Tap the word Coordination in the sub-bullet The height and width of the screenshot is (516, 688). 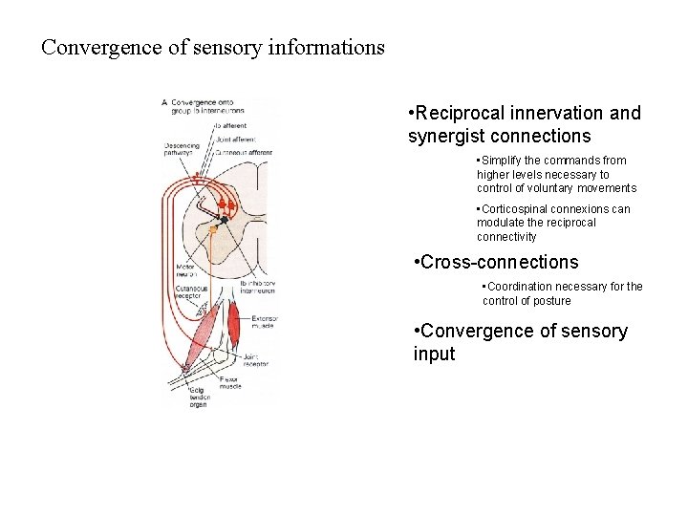tap(526, 287)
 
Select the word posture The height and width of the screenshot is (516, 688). tap(550, 301)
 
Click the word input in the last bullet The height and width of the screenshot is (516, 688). tap(434, 355)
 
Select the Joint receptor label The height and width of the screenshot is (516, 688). tap(257, 361)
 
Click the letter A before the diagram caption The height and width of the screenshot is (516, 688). tap(165, 102)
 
